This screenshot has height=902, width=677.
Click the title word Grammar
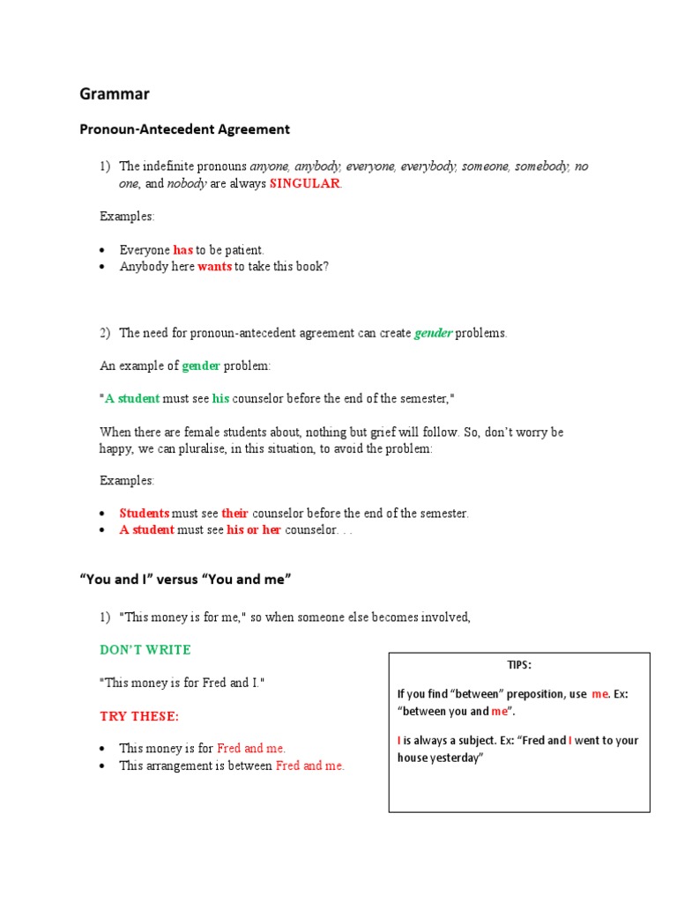(115, 92)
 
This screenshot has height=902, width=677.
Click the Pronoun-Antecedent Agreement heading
(184, 129)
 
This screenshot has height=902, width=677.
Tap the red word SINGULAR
(304, 183)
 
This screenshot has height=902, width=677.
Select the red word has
(183, 250)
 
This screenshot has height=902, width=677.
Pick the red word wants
(214, 266)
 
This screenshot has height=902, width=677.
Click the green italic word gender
(434, 333)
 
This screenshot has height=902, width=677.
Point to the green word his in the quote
(220, 398)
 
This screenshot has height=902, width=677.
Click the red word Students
(145, 513)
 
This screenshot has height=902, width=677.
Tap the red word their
(235, 513)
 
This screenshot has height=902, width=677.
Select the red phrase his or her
(254, 529)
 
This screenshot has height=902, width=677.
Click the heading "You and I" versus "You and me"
(185, 579)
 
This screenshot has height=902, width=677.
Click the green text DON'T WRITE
(145, 649)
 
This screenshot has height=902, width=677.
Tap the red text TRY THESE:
(140, 716)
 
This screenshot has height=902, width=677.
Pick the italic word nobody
(187, 183)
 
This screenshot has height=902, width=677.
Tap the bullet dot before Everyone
(103, 251)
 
